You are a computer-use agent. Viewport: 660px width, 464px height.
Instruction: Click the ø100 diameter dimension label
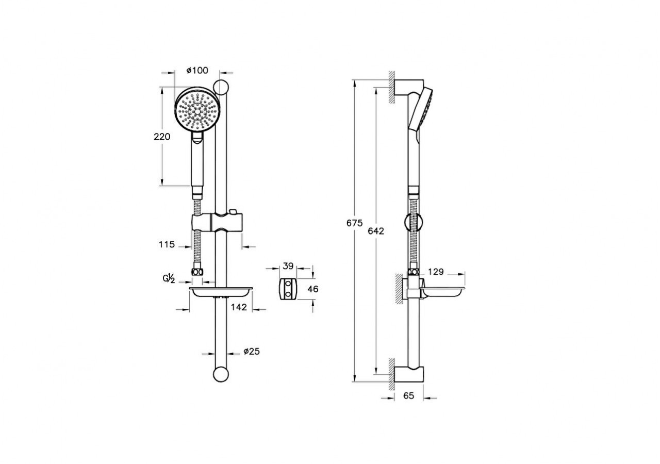pos(197,70)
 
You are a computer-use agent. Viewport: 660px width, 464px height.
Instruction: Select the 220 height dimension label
pos(161,137)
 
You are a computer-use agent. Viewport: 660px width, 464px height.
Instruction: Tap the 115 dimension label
pos(167,244)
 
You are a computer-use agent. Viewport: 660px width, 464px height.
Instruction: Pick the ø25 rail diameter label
pos(251,351)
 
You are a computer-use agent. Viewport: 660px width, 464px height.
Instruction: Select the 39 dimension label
pos(288,266)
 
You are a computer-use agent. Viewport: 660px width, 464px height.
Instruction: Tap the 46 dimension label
pos(312,289)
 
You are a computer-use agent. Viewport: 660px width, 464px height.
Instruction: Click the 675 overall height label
pos(355,223)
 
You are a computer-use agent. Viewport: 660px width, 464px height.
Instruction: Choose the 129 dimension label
pos(436,272)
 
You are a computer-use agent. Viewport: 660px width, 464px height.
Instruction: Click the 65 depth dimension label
pos(408,396)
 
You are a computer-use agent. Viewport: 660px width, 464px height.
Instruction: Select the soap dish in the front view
pos(221,293)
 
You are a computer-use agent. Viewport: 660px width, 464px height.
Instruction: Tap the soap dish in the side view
pos(441,293)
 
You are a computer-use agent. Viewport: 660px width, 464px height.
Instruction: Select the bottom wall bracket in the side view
pos(410,374)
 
